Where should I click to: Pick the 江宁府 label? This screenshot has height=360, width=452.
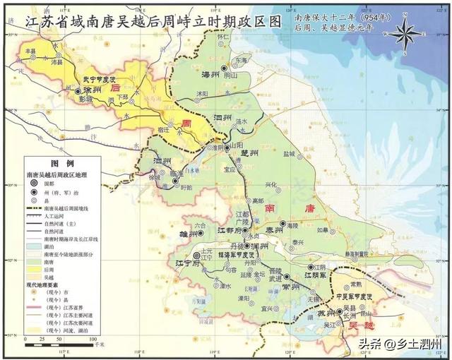(x=181, y=265)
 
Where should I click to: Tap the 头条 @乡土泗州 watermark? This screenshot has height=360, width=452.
(x=399, y=344)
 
